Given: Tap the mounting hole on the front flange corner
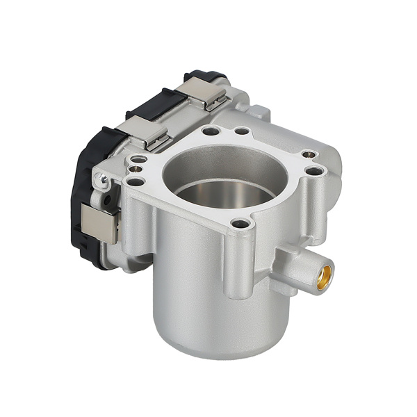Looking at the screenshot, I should click(240, 224).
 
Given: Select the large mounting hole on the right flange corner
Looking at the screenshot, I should click(314, 170).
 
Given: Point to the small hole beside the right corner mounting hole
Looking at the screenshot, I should click(309, 155).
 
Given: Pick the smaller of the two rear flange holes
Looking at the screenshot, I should click(241, 131).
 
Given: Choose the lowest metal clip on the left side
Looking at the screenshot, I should click(98, 223).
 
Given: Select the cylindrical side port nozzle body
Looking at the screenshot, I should click(302, 271).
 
